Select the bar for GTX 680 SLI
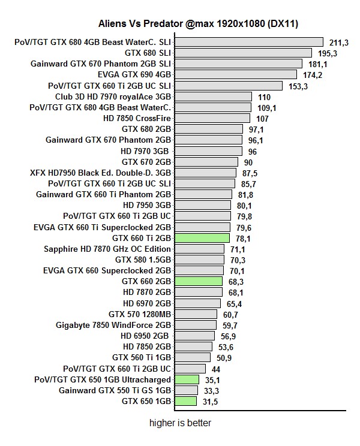[243, 53]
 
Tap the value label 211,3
[339, 43]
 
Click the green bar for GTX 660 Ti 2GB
[202, 238]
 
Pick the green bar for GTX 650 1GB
[185, 401]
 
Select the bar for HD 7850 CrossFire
[212, 118]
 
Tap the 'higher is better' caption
[180, 423]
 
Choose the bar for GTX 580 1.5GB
[199, 260]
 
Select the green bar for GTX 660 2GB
[198, 281]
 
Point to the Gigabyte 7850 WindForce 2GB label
[113, 325]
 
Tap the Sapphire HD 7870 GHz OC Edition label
[107, 249]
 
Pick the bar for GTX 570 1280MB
[196, 314]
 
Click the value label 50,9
[224, 358]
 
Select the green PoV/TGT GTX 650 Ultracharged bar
[187, 379]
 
